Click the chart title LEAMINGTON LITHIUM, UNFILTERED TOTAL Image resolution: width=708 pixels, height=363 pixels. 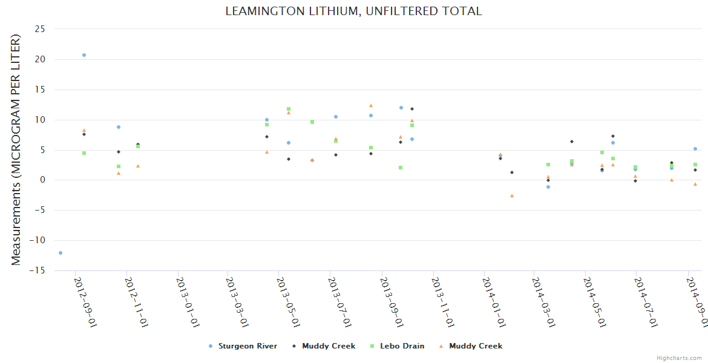(354, 11)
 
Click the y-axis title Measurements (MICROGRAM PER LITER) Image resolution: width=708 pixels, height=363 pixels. (16, 149)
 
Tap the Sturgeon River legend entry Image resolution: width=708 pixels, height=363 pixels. (247, 346)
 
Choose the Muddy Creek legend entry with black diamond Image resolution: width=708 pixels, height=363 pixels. (329, 346)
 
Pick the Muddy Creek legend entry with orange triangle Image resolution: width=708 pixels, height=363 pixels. (475, 346)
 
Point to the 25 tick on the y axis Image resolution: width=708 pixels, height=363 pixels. (41, 29)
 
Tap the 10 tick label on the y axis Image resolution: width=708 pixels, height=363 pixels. (41, 120)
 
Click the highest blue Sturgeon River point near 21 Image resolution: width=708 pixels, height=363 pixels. (84, 55)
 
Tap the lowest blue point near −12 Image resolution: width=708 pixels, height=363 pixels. (61, 253)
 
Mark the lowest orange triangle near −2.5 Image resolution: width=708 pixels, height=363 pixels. (512, 195)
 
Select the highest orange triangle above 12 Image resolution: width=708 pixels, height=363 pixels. (371, 105)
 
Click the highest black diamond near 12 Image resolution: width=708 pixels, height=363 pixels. (412, 109)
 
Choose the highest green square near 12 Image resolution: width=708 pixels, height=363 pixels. (289, 109)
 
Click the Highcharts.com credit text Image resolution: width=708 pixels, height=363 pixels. (679, 358)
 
